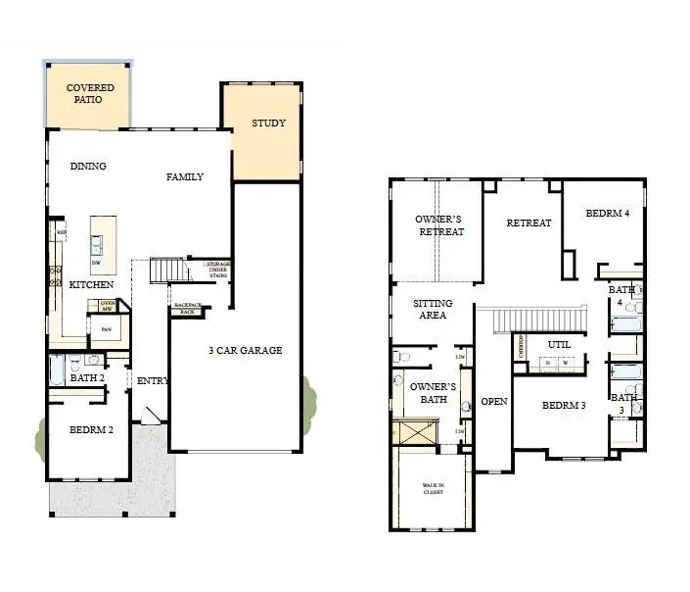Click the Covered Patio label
point(90,94)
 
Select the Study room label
point(268,123)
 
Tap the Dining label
point(88,167)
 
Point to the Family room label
point(184,177)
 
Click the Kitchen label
point(91,284)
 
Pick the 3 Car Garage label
point(245,350)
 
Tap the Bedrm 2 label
point(90,429)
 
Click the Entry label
point(153,381)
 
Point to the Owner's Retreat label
point(439,225)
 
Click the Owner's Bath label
point(427,393)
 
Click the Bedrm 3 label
point(564,405)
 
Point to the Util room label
point(559,345)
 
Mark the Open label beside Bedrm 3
point(494,402)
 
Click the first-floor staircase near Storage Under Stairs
point(167,269)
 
